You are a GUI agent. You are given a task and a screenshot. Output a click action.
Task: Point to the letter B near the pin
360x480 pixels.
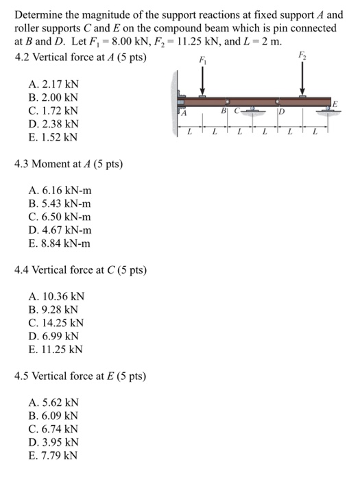(224, 110)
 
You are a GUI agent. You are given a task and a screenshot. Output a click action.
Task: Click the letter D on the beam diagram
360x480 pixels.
(280, 112)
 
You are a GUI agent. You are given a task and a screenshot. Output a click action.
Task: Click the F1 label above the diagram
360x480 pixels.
(202, 60)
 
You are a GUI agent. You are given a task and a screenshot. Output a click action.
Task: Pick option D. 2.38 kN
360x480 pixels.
(54, 123)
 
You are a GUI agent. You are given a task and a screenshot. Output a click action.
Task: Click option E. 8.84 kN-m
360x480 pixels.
(60, 243)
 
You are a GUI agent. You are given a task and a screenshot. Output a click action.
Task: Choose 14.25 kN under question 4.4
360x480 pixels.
(57, 322)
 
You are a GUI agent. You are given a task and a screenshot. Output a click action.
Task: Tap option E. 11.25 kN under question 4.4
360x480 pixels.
(57, 349)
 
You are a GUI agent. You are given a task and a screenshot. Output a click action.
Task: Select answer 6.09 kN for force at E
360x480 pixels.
(54, 415)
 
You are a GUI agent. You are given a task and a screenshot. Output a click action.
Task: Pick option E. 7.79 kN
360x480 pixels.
(54, 455)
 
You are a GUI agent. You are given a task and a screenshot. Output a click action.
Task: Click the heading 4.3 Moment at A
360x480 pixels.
(59, 164)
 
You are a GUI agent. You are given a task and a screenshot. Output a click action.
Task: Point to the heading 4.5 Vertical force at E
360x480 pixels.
(80, 376)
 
